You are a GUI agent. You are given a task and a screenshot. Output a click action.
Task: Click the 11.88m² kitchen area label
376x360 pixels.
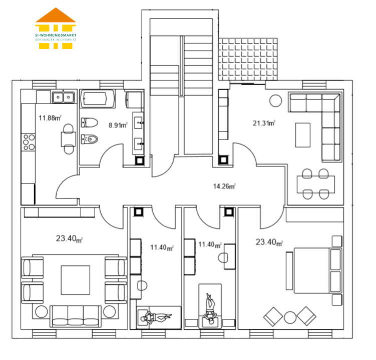tap(50, 118)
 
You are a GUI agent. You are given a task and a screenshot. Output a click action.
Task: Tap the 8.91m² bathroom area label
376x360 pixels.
tap(118, 125)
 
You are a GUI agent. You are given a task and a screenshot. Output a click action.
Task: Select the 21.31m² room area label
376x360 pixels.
tap(264, 123)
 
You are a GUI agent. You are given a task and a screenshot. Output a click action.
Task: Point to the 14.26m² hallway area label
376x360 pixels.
tap(224, 186)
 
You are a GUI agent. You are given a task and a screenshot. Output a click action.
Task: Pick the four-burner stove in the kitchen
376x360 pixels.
tap(29, 142)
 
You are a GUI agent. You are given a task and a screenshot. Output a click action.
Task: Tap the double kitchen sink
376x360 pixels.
tap(63, 97)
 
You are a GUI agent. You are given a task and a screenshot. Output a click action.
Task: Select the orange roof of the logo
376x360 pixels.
tap(56, 15)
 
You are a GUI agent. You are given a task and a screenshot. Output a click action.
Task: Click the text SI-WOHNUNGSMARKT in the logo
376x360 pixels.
tap(56, 35)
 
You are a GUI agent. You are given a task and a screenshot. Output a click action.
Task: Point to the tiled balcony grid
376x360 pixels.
tap(248, 59)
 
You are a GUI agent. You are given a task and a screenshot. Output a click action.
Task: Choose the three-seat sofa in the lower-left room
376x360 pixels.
tap(76, 316)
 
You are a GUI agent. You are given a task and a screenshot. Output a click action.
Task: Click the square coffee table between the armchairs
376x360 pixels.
tap(76, 280)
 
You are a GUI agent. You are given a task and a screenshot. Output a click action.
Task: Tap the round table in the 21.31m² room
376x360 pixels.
tap(275, 101)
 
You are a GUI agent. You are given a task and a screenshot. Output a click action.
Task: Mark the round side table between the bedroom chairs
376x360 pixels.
tap(290, 317)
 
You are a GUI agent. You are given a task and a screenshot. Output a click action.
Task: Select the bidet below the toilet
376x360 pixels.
tap(90, 139)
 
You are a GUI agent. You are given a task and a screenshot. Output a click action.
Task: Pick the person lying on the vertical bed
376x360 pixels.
tap(210, 308)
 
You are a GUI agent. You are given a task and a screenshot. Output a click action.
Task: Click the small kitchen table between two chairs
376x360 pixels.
tap(69, 139)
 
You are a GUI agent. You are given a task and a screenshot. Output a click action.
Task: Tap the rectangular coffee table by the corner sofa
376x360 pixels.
tap(303, 135)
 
